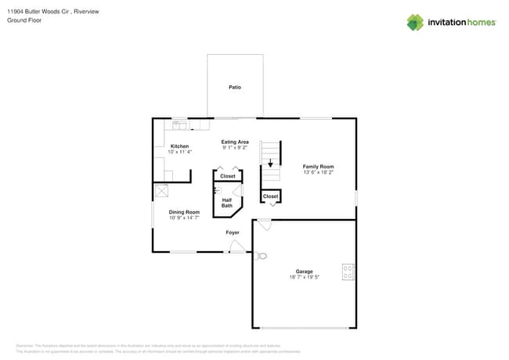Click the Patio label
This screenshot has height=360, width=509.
234,87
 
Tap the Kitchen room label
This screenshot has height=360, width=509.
179,146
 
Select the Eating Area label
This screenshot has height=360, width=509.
234,142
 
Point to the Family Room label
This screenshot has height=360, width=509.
318,167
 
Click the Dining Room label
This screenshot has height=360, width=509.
184,212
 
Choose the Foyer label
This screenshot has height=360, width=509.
233,232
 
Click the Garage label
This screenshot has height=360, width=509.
304,272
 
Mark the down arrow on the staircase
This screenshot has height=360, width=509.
270,164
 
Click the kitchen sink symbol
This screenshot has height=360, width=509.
179,124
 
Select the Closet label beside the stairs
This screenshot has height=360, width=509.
270,196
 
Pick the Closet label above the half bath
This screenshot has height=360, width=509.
227,176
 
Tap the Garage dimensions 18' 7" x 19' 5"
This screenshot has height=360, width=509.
304,278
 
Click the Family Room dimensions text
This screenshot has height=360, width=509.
318,172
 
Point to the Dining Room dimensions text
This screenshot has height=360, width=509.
184,218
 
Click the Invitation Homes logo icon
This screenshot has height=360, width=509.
414,23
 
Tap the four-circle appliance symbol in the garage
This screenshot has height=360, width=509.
348,272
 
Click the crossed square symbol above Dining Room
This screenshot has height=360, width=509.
162,190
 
